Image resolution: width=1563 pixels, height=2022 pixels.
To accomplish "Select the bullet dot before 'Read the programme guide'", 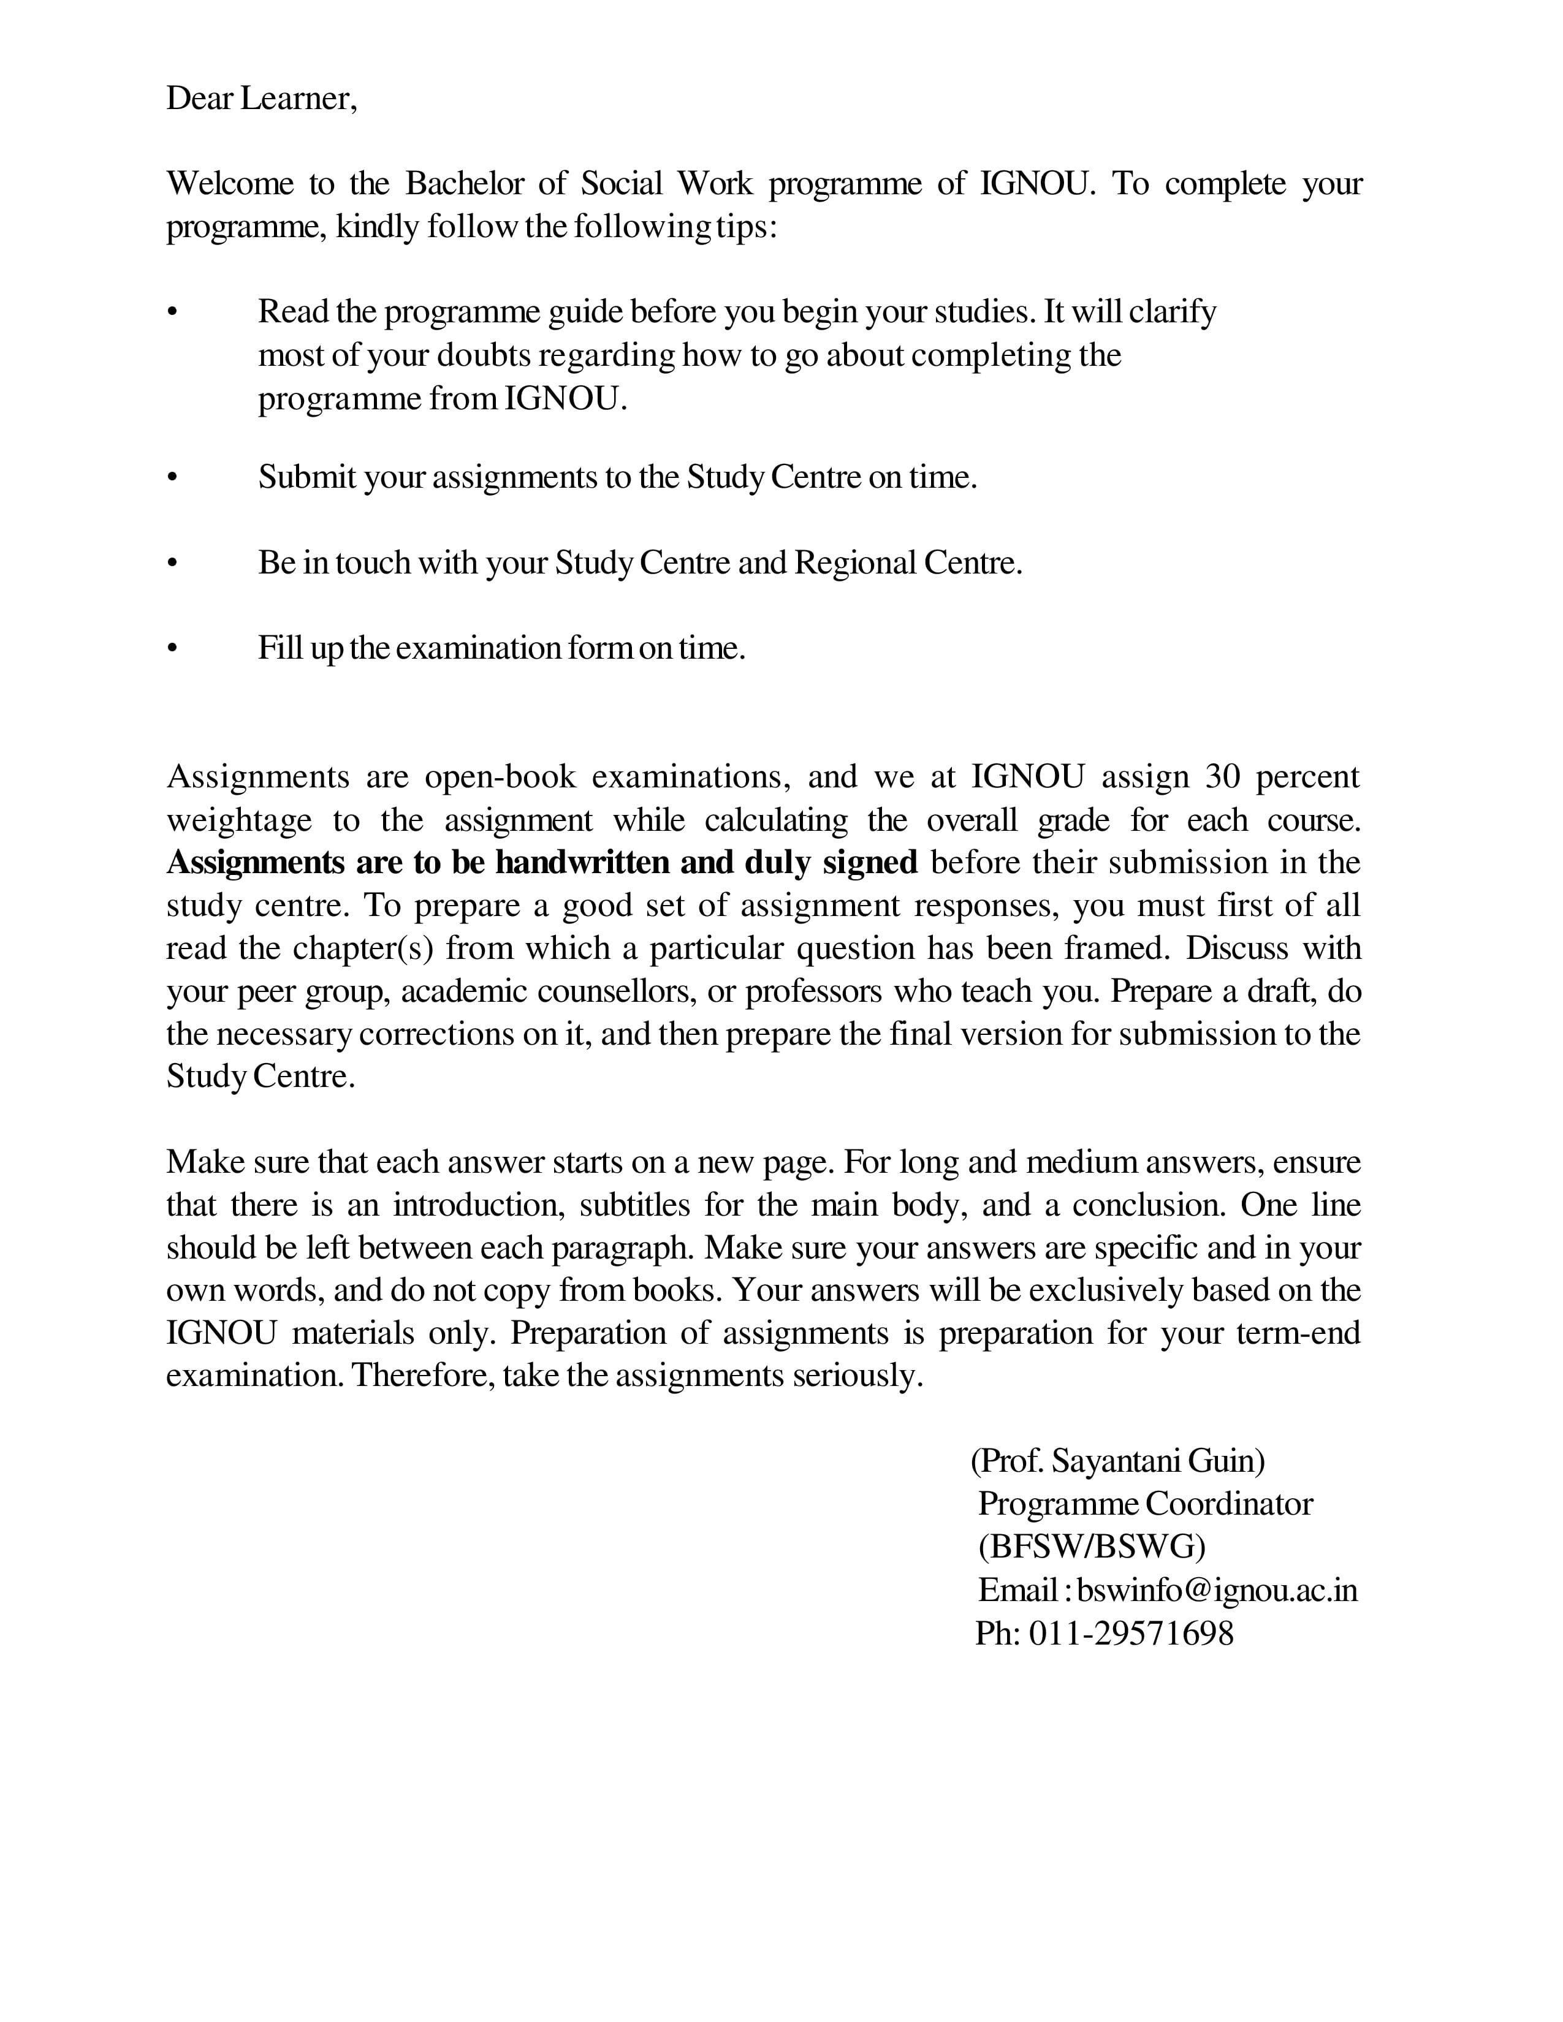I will click(x=171, y=313).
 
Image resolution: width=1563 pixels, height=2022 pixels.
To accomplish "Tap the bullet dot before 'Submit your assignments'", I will click(x=171, y=478).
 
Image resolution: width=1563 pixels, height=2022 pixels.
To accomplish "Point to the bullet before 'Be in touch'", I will click(x=171, y=563).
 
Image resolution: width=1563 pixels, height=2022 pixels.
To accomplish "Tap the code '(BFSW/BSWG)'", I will click(x=1091, y=1546).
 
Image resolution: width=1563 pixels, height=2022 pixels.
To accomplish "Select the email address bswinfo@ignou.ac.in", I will click(x=1217, y=1589).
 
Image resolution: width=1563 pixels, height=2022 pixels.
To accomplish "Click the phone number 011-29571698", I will click(x=1131, y=1633).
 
